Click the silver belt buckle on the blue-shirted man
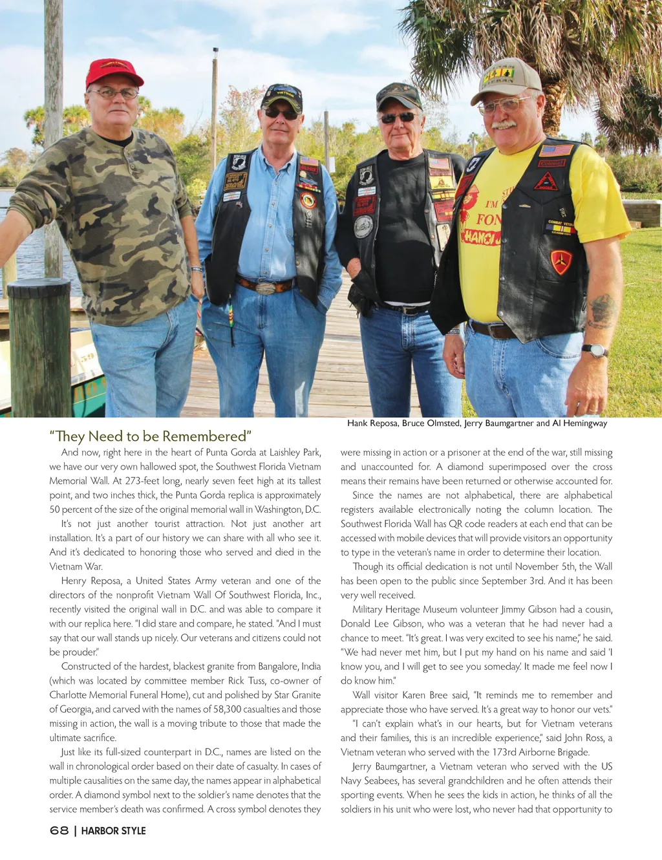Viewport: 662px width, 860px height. pyautogui.click(x=266, y=287)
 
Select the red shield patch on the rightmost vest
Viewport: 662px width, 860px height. pyautogui.click(x=561, y=261)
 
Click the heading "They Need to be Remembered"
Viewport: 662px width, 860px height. pyautogui.click(x=150, y=436)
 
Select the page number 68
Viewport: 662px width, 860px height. pyautogui.click(x=59, y=831)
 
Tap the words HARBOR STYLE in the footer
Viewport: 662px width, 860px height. pyautogui.click(x=114, y=831)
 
